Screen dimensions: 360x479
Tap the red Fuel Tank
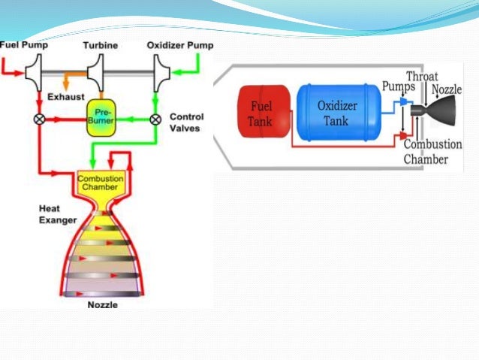pyautogui.click(x=260, y=112)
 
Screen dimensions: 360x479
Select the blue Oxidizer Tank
pyautogui.click(x=336, y=112)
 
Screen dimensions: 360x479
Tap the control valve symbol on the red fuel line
pyautogui.click(x=37, y=119)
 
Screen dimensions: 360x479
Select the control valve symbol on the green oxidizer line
pyautogui.click(x=155, y=119)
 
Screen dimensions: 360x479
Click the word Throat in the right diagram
pyautogui.click(x=422, y=76)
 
